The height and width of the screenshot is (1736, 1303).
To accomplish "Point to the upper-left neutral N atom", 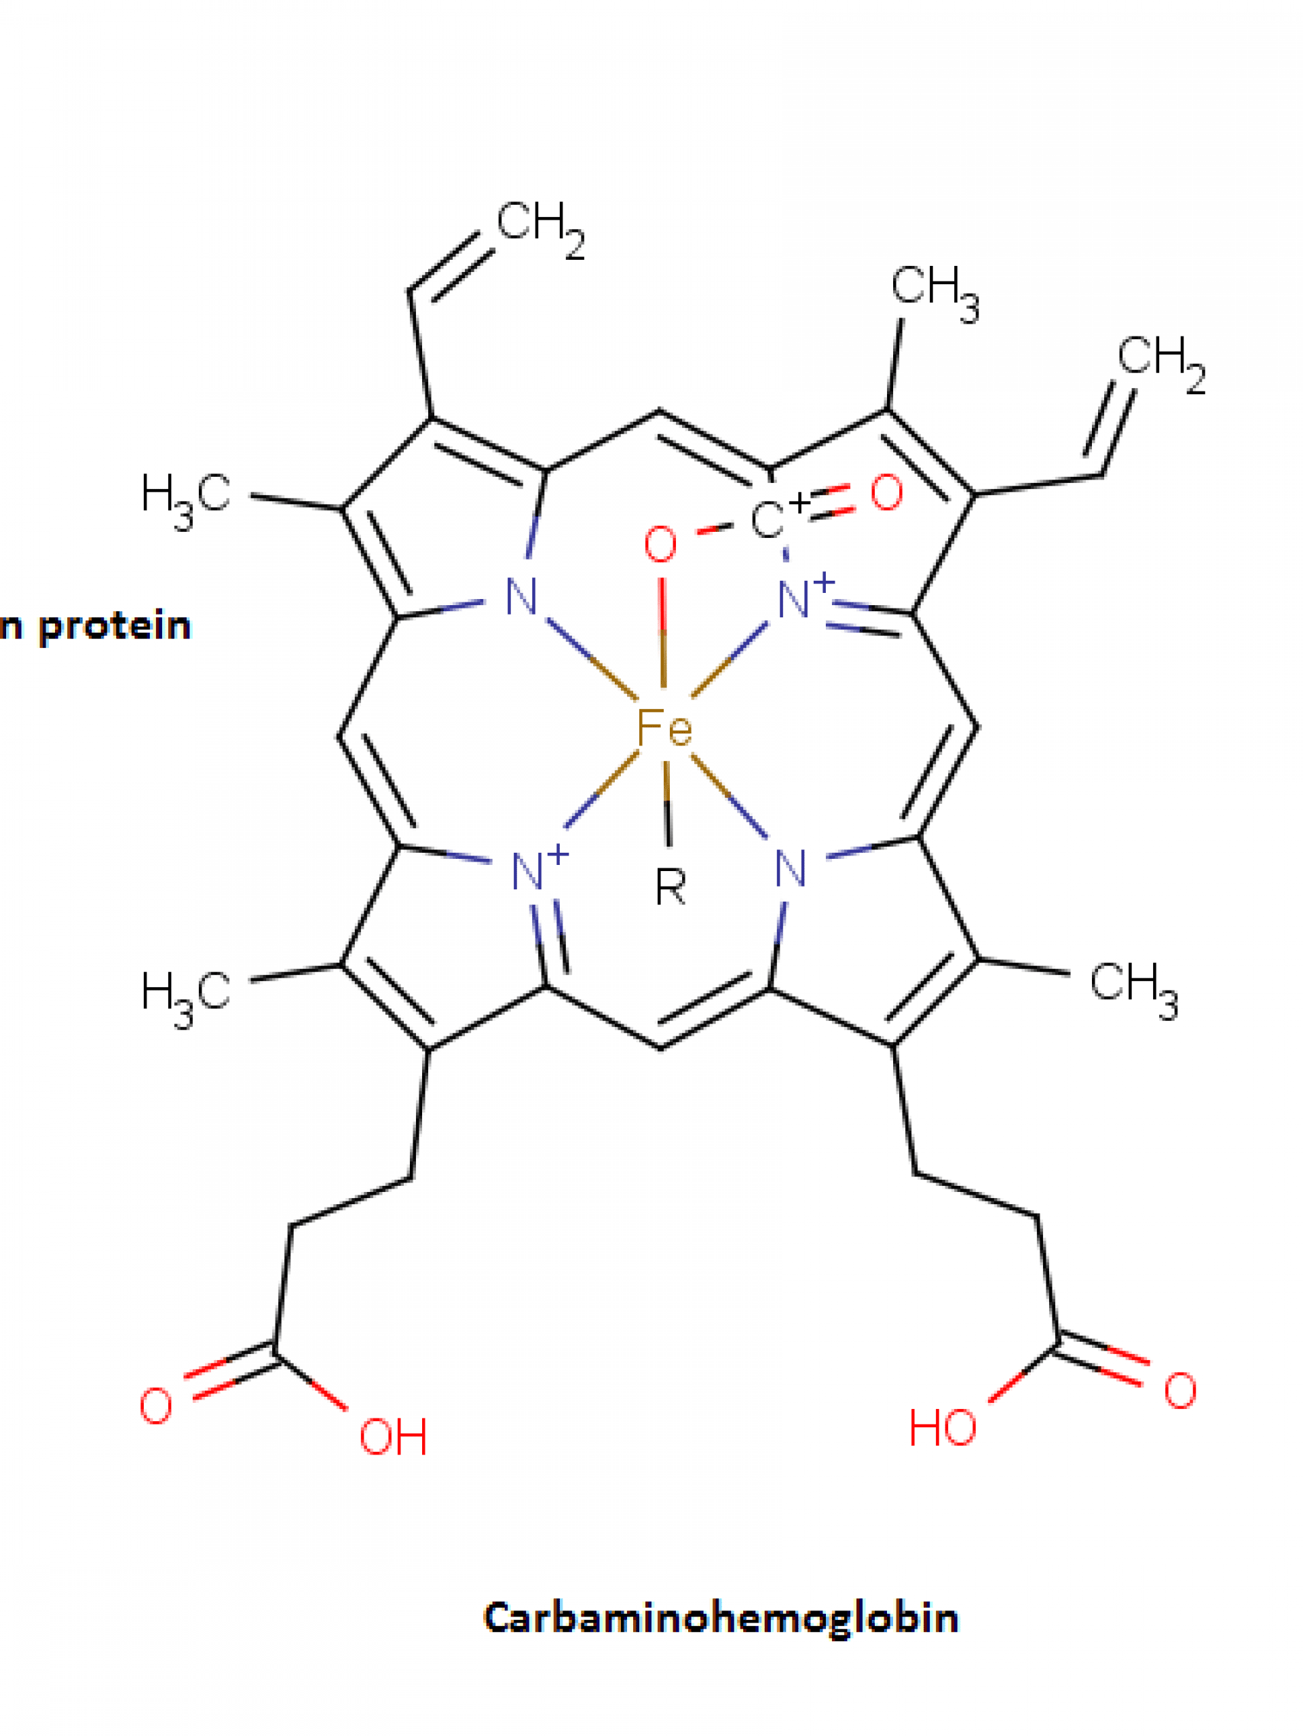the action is (521, 596).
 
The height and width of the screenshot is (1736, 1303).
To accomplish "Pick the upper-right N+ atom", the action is (806, 597).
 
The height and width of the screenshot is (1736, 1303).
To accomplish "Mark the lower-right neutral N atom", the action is (791, 869).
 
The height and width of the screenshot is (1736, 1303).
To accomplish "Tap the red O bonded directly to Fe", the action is (660, 545).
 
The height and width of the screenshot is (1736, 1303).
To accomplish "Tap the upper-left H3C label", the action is (186, 501).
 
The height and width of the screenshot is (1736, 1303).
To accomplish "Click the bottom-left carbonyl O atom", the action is (155, 1406).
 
